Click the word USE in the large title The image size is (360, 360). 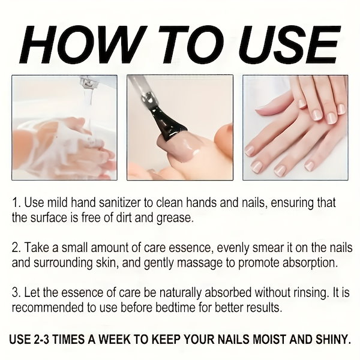tap(289, 44)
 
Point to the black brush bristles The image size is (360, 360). tap(166, 123)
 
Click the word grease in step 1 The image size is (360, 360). tap(174, 218)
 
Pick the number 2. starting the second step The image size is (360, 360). tap(17, 248)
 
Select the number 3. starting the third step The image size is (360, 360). tap(17, 293)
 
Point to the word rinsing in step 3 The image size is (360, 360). tap(310, 293)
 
